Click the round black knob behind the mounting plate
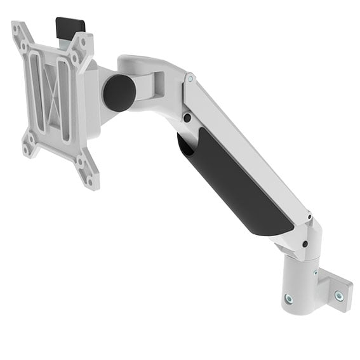click(119, 93)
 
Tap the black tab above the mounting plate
click(70, 27)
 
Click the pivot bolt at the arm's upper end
click(190, 79)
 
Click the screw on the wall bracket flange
click(338, 295)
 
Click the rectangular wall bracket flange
click(334, 289)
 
